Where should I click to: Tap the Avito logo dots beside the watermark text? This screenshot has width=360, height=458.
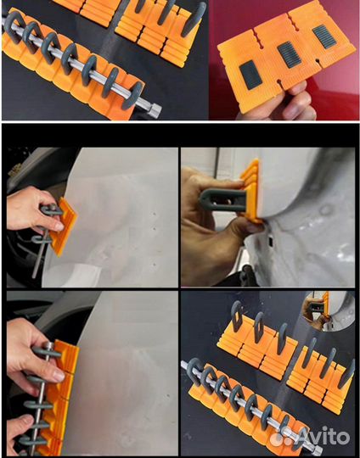pos(285,438)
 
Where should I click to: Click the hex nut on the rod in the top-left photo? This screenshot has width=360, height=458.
pos(155,111)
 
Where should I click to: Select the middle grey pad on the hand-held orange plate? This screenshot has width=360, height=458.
pos(290,55)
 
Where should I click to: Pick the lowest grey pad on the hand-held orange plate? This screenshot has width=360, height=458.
pos(251,75)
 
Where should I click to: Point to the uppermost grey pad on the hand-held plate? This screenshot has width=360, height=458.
pos(324,36)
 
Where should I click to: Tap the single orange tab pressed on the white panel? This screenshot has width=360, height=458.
pos(64,226)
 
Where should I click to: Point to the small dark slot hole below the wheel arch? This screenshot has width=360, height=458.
pos(271,241)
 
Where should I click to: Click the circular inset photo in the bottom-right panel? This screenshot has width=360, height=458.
pos(329,310)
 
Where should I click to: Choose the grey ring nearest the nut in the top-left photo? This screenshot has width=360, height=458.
pos(132,95)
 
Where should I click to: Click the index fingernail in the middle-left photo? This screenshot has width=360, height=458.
pos(59,227)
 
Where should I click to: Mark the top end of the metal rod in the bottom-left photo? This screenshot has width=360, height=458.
pos(49,345)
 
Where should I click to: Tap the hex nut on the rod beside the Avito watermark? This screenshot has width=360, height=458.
pos(316,450)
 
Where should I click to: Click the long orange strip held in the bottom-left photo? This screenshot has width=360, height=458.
pos(60,398)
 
